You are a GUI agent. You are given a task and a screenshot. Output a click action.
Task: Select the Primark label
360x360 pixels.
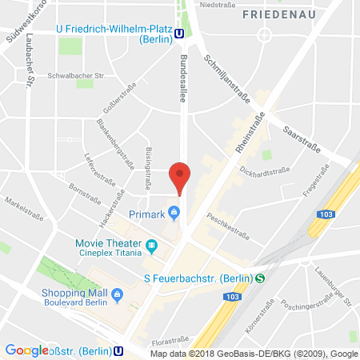(148, 214)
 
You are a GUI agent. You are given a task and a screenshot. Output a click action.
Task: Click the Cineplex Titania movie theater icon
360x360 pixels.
(152, 245)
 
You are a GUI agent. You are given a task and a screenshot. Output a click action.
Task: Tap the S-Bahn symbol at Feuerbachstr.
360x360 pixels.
(260, 278)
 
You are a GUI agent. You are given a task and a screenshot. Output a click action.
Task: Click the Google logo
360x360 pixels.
(26, 350)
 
